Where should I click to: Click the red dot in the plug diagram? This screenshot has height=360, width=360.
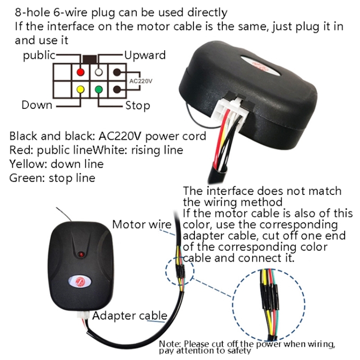pos(80,72)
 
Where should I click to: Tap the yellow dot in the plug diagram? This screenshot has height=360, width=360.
pos(80,90)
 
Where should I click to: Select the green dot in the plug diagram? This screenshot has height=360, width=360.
pos(99,90)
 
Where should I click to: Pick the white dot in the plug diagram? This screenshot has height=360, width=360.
pos(99,72)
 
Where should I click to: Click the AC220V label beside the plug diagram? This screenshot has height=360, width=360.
pos(141,81)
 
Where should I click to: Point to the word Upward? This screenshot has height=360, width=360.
pos(145,55)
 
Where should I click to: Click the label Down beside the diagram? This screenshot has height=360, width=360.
pos(37,105)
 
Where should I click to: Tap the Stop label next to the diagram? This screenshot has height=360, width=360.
pos(138,106)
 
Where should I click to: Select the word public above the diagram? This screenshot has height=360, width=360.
pos(39,56)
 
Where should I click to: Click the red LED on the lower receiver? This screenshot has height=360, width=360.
pos(81,254)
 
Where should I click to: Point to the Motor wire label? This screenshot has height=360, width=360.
pos(142,224)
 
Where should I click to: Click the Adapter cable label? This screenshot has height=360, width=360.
pos(130,316)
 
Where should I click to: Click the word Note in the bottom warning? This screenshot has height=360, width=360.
pos(170,344)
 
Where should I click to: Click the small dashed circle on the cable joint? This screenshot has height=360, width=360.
pos(180,271)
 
